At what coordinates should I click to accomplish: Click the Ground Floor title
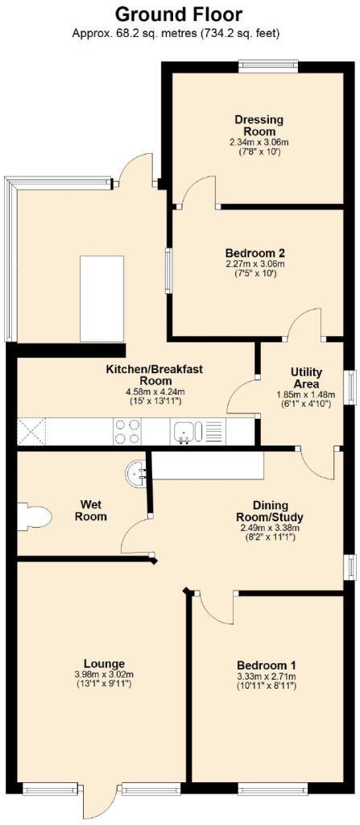(179, 14)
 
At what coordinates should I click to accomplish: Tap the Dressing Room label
(259, 125)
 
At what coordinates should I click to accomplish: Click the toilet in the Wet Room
(34, 516)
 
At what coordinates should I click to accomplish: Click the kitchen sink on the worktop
(184, 432)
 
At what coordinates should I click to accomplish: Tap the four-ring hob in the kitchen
(127, 431)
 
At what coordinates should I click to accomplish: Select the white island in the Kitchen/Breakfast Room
(102, 298)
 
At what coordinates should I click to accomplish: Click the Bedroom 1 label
(267, 665)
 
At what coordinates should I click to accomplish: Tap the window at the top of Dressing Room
(268, 66)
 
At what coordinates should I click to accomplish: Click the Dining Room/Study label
(270, 512)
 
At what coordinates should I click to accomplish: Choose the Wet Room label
(90, 511)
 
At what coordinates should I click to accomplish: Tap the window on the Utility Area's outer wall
(349, 388)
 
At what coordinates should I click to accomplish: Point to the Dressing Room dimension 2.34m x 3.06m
(259, 142)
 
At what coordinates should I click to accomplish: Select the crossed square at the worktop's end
(31, 432)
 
